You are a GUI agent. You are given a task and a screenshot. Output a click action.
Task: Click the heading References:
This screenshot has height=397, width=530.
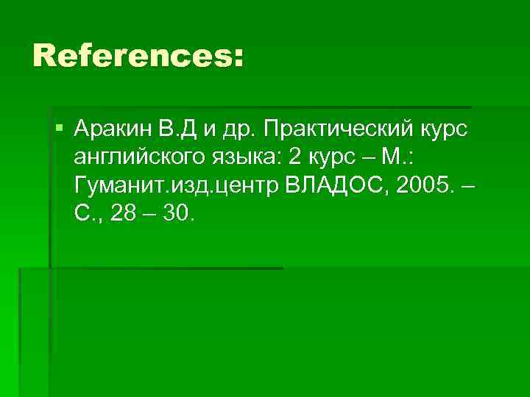[138, 57]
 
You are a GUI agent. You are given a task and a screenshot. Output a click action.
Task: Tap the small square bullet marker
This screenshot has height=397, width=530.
[59, 130]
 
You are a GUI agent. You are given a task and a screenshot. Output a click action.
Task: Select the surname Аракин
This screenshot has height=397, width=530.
[113, 131]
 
